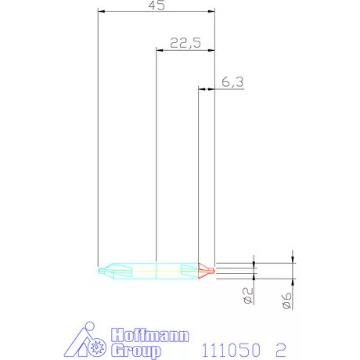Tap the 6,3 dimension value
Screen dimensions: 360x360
coord(233,81)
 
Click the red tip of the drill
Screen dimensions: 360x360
coord(208,270)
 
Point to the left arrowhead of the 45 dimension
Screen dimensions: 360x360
coord(102,11)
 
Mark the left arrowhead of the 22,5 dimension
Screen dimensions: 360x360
coord(160,50)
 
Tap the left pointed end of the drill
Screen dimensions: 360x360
coord(101,270)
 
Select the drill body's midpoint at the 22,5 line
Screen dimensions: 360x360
coord(157,270)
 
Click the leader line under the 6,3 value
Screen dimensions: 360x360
coord(229,89)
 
